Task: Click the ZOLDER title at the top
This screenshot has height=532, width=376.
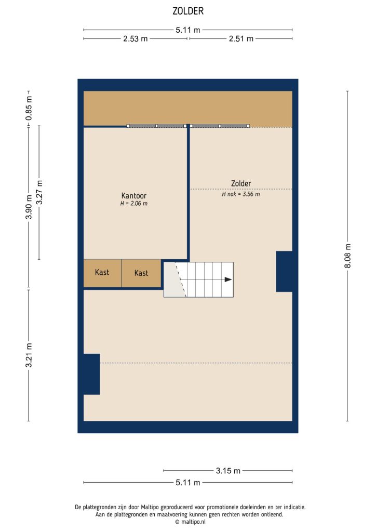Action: click(x=188, y=10)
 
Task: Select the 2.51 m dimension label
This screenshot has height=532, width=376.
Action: click(x=240, y=38)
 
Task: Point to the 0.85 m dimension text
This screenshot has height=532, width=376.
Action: click(x=29, y=108)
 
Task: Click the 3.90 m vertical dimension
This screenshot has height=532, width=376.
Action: click(x=29, y=207)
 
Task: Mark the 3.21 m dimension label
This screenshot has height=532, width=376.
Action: click(x=29, y=355)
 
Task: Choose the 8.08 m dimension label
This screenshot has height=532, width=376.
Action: click(x=347, y=256)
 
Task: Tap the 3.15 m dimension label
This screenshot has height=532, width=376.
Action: click(x=228, y=471)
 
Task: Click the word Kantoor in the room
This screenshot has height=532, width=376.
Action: click(x=133, y=196)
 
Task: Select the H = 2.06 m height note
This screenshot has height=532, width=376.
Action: click(x=133, y=204)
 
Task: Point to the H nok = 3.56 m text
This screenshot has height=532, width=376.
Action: click(x=240, y=194)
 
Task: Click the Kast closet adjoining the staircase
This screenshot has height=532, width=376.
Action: click(x=141, y=273)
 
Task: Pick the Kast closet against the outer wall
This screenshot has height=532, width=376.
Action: click(x=102, y=272)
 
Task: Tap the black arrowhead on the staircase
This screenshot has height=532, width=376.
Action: click(x=228, y=280)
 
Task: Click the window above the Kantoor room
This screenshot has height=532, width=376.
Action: click(x=157, y=126)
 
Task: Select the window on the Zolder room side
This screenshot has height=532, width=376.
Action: click(x=220, y=126)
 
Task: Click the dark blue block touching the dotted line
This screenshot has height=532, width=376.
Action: click(x=91, y=374)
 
